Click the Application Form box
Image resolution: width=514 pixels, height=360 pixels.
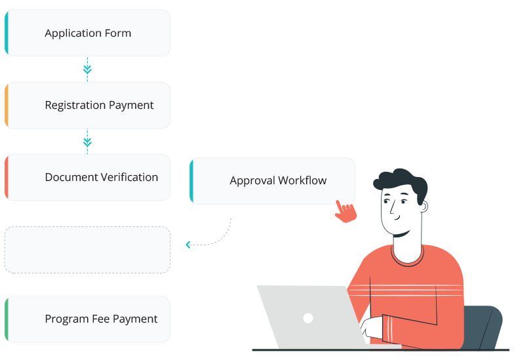coord(87,33)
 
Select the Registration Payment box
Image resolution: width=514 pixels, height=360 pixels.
coord(87,105)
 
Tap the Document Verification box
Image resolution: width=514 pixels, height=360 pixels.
coord(87,177)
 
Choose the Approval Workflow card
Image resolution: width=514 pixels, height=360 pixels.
coord(273,180)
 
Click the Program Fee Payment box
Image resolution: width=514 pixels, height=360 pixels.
coord(87,319)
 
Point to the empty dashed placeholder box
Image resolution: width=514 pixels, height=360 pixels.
coord(87,249)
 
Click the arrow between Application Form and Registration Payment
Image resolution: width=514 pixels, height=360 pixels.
coord(87,68)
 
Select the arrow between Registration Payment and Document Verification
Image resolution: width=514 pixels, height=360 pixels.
coord(87,141)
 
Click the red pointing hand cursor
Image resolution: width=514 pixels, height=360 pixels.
coord(345,211)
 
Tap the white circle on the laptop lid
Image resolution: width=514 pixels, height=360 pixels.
coord(307,318)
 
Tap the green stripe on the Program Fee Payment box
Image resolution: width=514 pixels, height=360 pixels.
coord(7,319)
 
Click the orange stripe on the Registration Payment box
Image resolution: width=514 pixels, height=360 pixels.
coord(7,105)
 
